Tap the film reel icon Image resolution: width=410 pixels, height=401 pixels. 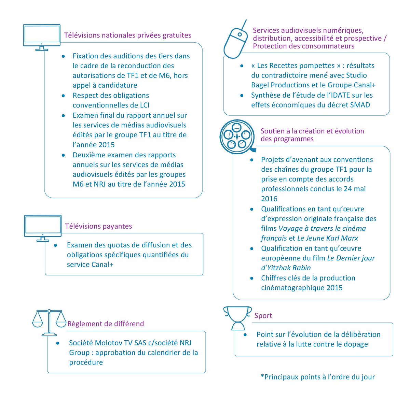(237, 136)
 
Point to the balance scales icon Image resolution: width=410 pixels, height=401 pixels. (49, 322)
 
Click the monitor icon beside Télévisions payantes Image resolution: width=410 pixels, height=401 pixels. (42, 227)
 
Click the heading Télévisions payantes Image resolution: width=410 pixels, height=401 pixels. (98, 226)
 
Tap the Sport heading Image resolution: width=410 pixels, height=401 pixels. (263, 316)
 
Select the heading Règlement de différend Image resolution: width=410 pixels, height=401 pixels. (106, 324)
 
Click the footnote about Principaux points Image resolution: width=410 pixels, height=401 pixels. (317, 377)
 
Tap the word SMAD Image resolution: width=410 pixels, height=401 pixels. (359, 105)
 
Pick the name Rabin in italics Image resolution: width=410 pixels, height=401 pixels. (302, 268)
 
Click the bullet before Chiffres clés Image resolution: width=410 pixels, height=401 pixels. (252, 278)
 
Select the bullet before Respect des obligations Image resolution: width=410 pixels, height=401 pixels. (63, 96)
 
